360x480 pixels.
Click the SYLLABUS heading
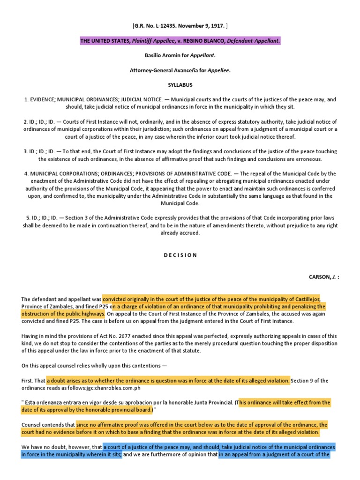click(x=180, y=85)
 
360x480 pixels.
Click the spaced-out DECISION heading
click(x=180, y=255)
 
